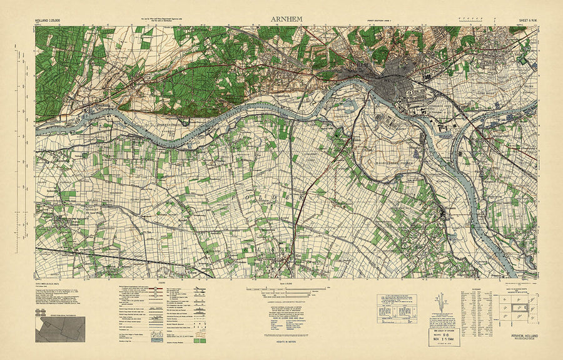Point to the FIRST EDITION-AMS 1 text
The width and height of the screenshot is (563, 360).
point(382,21)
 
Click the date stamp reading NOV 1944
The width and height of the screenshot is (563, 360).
point(442,336)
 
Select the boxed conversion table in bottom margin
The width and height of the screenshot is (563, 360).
point(396,308)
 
